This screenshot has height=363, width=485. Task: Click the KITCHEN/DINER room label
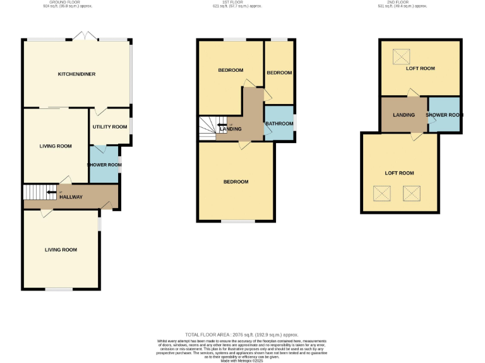tap(76, 74)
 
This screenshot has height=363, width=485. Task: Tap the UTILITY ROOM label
tap(110, 127)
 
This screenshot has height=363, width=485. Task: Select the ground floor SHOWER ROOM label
tap(104, 165)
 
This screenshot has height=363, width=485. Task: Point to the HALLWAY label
tap(71, 197)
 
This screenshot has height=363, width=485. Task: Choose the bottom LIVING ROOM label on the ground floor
tap(61, 250)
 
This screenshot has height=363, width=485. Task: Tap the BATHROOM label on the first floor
tap(278, 124)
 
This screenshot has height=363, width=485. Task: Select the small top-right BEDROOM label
tap(279, 73)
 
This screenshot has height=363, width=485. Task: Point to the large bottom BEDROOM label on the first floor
tap(236, 182)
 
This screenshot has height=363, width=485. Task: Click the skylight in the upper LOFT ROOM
tap(400, 57)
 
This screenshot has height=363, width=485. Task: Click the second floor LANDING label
tap(404, 115)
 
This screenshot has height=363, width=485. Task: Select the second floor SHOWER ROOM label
tap(444, 115)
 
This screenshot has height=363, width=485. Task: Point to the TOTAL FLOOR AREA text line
tap(242, 335)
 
